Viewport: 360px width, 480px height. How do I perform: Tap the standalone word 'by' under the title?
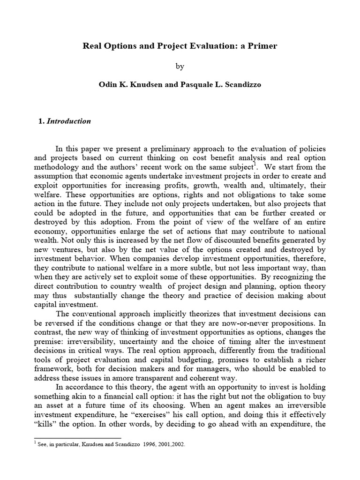(180, 67)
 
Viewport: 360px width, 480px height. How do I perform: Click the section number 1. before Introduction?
(40, 121)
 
